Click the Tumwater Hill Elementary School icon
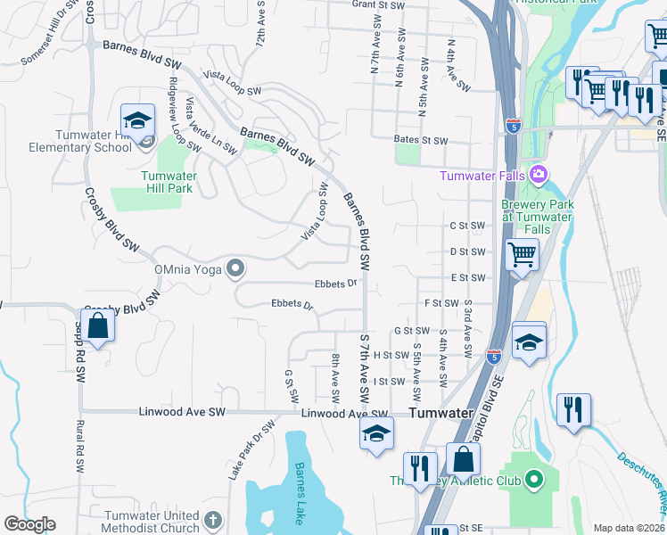tap(138, 120)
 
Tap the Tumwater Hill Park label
tap(169, 182)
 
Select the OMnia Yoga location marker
tap(235, 267)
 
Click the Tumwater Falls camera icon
tap(538, 173)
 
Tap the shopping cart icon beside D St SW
tap(522, 255)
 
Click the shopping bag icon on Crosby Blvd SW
tap(98, 325)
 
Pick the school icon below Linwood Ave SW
tap(376, 434)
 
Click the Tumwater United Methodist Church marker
tap(212, 519)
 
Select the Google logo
tap(29, 524)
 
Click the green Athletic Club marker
tap(534, 481)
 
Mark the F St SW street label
tap(441, 303)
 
